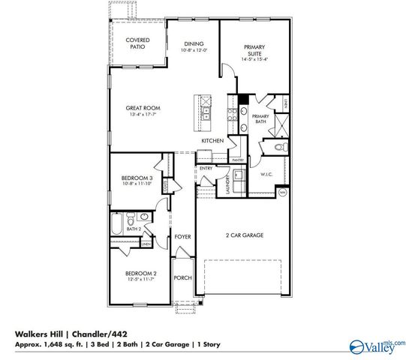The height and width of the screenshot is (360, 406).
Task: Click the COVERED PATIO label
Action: pyautogui.click(x=137, y=43)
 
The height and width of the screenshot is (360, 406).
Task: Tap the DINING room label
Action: pyautogui.click(x=194, y=44)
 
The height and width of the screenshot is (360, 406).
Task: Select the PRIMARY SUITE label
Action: pyautogui.click(x=255, y=50)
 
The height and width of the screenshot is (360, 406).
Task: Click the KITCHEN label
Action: pyautogui.click(x=212, y=141)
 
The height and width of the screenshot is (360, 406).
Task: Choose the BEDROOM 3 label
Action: pyautogui.click(x=137, y=178)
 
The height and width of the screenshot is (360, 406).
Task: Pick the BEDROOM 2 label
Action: pyautogui.click(x=140, y=273)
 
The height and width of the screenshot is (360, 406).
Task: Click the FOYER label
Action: pyautogui.click(x=182, y=237)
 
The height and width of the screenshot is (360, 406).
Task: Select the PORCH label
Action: pyautogui.click(x=182, y=278)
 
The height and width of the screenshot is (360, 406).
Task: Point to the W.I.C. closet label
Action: pyautogui.click(x=266, y=175)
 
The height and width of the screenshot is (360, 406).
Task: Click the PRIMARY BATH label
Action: pyautogui.click(x=260, y=118)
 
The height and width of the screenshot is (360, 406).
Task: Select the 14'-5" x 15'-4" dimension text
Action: pyautogui.click(x=255, y=60)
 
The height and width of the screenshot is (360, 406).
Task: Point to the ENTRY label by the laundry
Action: pyautogui.click(x=206, y=169)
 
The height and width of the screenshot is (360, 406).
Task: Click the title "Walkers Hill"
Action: pyautogui.click(x=37, y=334)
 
